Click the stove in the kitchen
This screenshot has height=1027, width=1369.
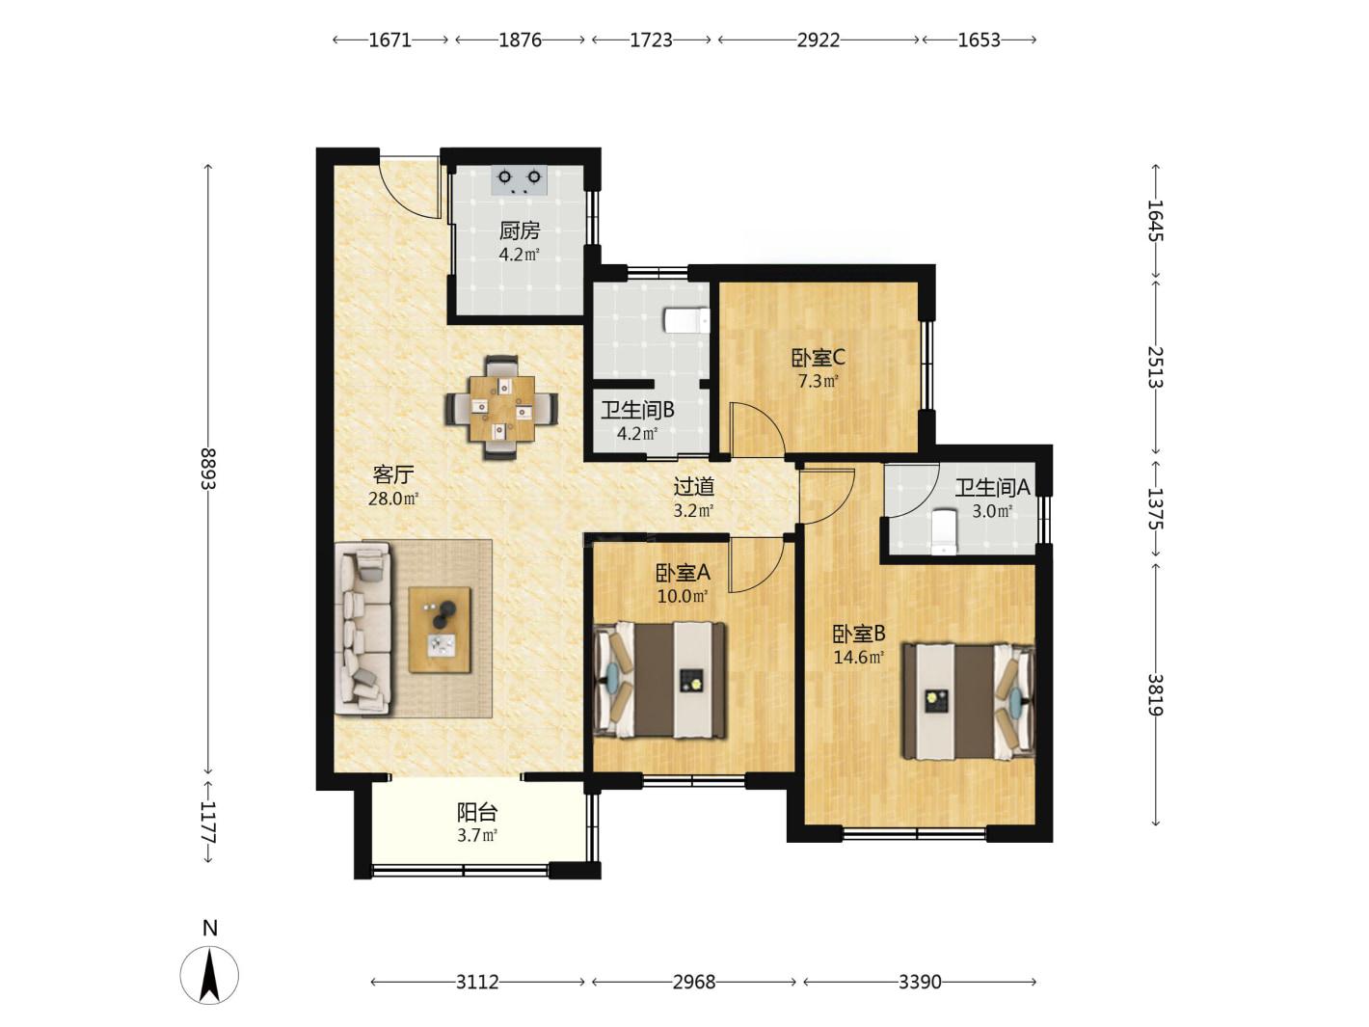[519, 181]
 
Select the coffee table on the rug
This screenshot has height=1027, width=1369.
[440, 630]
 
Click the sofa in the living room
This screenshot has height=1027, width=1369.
[363, 629]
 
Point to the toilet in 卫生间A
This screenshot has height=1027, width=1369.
[944, 531]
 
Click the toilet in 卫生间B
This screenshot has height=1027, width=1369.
[686, 320]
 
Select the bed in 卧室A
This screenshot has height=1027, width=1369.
[659, 680]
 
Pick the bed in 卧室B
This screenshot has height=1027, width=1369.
[969, 701]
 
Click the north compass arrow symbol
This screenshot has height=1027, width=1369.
[209, 976]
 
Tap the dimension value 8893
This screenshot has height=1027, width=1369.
[208, 469]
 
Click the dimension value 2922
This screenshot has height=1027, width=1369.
[819, 40]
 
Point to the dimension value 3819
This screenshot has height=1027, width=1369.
[1156, 694]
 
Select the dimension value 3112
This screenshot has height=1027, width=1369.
[477, 982]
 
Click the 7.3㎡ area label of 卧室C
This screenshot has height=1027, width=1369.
[819, 380]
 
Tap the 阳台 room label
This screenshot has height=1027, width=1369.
[477, 813]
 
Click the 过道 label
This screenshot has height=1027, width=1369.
[693, 486]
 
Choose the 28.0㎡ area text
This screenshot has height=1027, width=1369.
[393, 499]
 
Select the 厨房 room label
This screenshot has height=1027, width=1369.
[519, 230]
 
